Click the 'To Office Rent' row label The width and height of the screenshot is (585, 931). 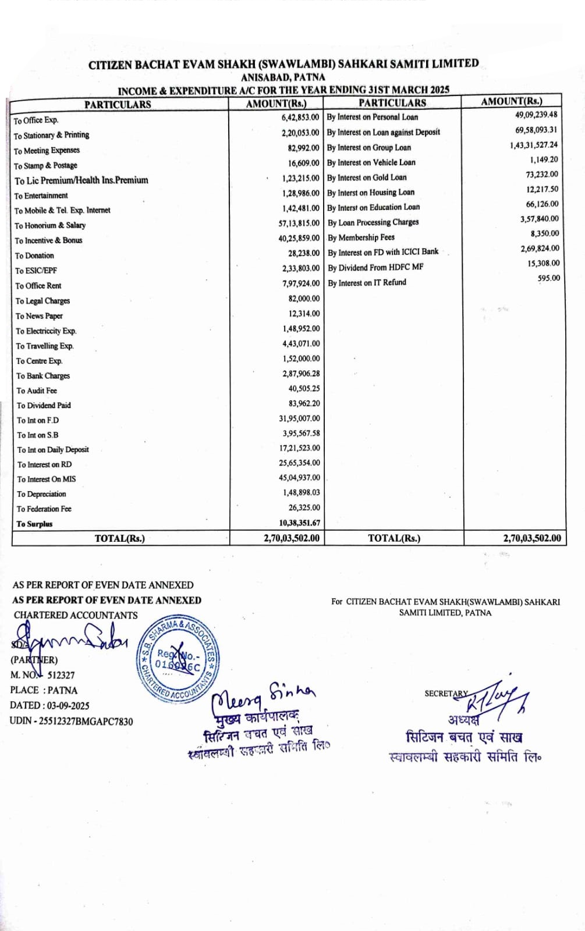pyautogui.click(x=38, y=286)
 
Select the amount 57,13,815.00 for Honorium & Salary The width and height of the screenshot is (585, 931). pyautogui.click(x=299, y=223)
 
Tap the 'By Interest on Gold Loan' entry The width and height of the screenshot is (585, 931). pyautogui.click(x=367, y=177)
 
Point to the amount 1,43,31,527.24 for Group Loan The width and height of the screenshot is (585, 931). pyautogui.click(x=533, y=145)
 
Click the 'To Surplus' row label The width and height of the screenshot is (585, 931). pyautogui.click(x=34, y=524)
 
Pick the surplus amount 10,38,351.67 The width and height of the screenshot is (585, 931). pyautogui.click(x=299, y=523)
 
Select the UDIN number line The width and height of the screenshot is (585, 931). pyautogui.click(x=71, y=722)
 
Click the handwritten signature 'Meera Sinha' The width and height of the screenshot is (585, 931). pyautogui.click(x=262, y=695)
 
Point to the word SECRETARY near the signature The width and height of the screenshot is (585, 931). pyautogui.click(x=446, y=694)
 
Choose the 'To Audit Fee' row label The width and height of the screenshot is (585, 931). pyautogui.click(x=37, y=390)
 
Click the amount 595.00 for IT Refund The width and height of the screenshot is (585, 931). pyautogui.click(x=548, y=278)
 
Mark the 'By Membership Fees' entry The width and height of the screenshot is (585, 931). pyautogui.click(x=361, y=237)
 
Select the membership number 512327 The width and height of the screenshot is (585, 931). pyautogui.click(x=61, y=676)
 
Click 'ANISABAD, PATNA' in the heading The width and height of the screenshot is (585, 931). pyautogui.click(x=283, y=77)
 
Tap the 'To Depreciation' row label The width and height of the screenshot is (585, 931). pyautogui.click(x=41, y=494)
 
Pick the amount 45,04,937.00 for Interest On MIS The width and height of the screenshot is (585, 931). pyautogui.click(x=299, y=478)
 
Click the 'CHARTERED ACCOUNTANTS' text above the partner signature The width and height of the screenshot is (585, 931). pyautogui.click(x=76, y=615)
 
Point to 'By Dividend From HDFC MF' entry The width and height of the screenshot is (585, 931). pyautogui.click(x=375, y=268)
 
